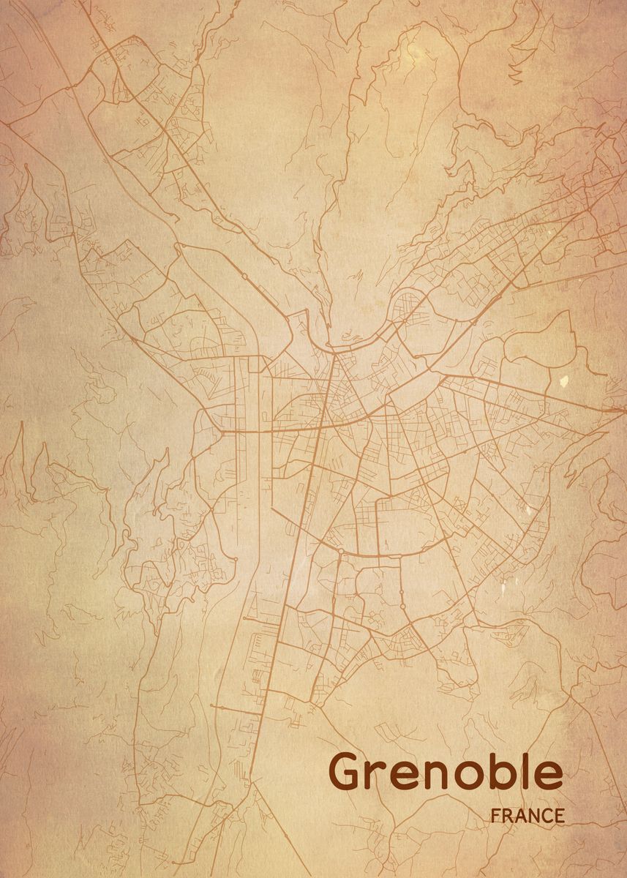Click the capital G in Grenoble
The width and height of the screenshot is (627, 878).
pyautogui.click(x=348, y=773)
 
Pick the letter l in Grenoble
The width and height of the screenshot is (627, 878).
pyautogui.click(x=528, y=771)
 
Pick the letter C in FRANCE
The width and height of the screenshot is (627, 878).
pyautogui.click(x=547, y=816)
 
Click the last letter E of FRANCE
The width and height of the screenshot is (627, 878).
pyautogui.click(x=559, y=816)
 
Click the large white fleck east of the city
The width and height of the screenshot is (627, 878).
pyautogui.click(x=563, y=380)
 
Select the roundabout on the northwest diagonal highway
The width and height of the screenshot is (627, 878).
pyautogui.click(x=243, y=277)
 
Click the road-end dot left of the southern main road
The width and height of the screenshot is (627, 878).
pyautogui.click(x=211, y=706)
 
